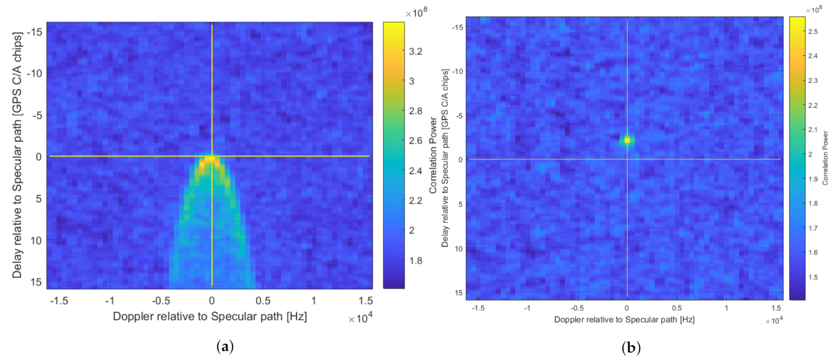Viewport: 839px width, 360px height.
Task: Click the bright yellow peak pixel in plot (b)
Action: click(627, 140)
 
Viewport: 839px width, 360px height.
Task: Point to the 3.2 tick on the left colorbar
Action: click(415, 51)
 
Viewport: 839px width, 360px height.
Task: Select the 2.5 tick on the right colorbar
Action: click(813, 32)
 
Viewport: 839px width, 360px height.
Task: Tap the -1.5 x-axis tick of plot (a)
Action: click(59, 300)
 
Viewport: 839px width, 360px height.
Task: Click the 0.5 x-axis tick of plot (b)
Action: click(676, 308)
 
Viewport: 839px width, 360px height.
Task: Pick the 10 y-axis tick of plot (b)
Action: click(459, 249)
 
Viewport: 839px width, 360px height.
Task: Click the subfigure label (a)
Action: click(225, 347)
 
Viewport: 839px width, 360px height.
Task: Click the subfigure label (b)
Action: click(631, 348)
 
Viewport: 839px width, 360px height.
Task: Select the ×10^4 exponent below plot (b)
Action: click(774, 321)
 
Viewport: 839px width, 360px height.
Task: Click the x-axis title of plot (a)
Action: click(210, 317)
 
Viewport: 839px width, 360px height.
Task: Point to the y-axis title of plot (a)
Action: click(17, 155)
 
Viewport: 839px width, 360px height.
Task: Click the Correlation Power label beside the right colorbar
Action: click(825, 158)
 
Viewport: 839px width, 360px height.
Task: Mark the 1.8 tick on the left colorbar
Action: click(415, 261)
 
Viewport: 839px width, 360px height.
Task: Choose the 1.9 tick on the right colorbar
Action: click(813, 179)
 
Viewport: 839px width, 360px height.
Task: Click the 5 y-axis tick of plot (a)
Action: click(39, 198)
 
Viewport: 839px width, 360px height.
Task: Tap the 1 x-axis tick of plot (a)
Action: click(313, 300)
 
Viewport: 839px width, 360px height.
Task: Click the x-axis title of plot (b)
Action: click(624, 319)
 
